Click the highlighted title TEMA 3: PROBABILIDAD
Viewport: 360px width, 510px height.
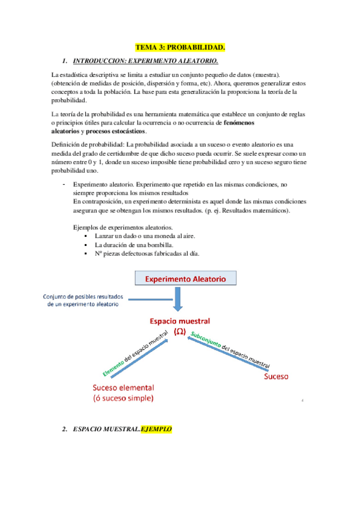click(x=180, y=47)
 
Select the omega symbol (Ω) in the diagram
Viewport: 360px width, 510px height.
click(x=180, y=331)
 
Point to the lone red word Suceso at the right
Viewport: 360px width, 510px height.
click(x=276, y=377)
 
